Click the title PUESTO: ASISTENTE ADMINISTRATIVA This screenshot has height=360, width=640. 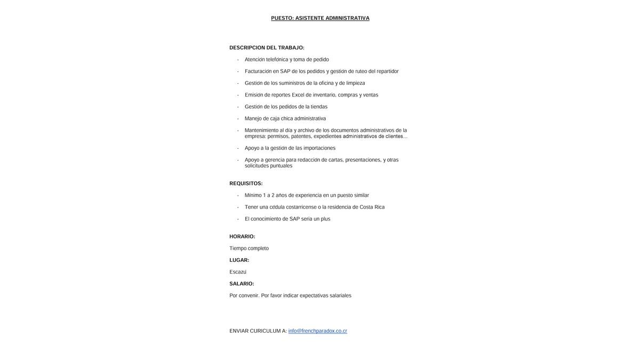tap(320, 18)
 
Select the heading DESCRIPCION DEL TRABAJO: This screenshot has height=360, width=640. tap(267, 48)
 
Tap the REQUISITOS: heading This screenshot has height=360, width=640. tap(246, 183)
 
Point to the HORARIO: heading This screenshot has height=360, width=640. tap(242, 237)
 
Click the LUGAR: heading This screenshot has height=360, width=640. tap(239, 260)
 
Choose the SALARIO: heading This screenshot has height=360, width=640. tap(242, 284)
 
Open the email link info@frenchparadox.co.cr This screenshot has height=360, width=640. tap(317, 331)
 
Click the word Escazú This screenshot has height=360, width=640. tap(238, 272)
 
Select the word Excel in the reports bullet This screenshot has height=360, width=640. tap(298, 95)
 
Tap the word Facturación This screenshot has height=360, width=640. tap(258, 71)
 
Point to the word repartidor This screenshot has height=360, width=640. tap(388, 71)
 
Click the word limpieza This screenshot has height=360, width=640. tap(356, 83)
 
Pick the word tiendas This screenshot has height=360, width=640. tap(319, 107)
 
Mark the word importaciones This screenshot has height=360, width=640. tap(319, 148)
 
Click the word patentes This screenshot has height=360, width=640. tap(301, 137)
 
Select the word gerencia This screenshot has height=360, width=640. tap(275, 160)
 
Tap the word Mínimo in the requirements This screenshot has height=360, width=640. tap(253, 195)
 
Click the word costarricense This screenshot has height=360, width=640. tap(301, 207)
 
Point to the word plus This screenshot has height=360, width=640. tap(325, 219)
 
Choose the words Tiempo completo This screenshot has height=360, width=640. tap(249, 249)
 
